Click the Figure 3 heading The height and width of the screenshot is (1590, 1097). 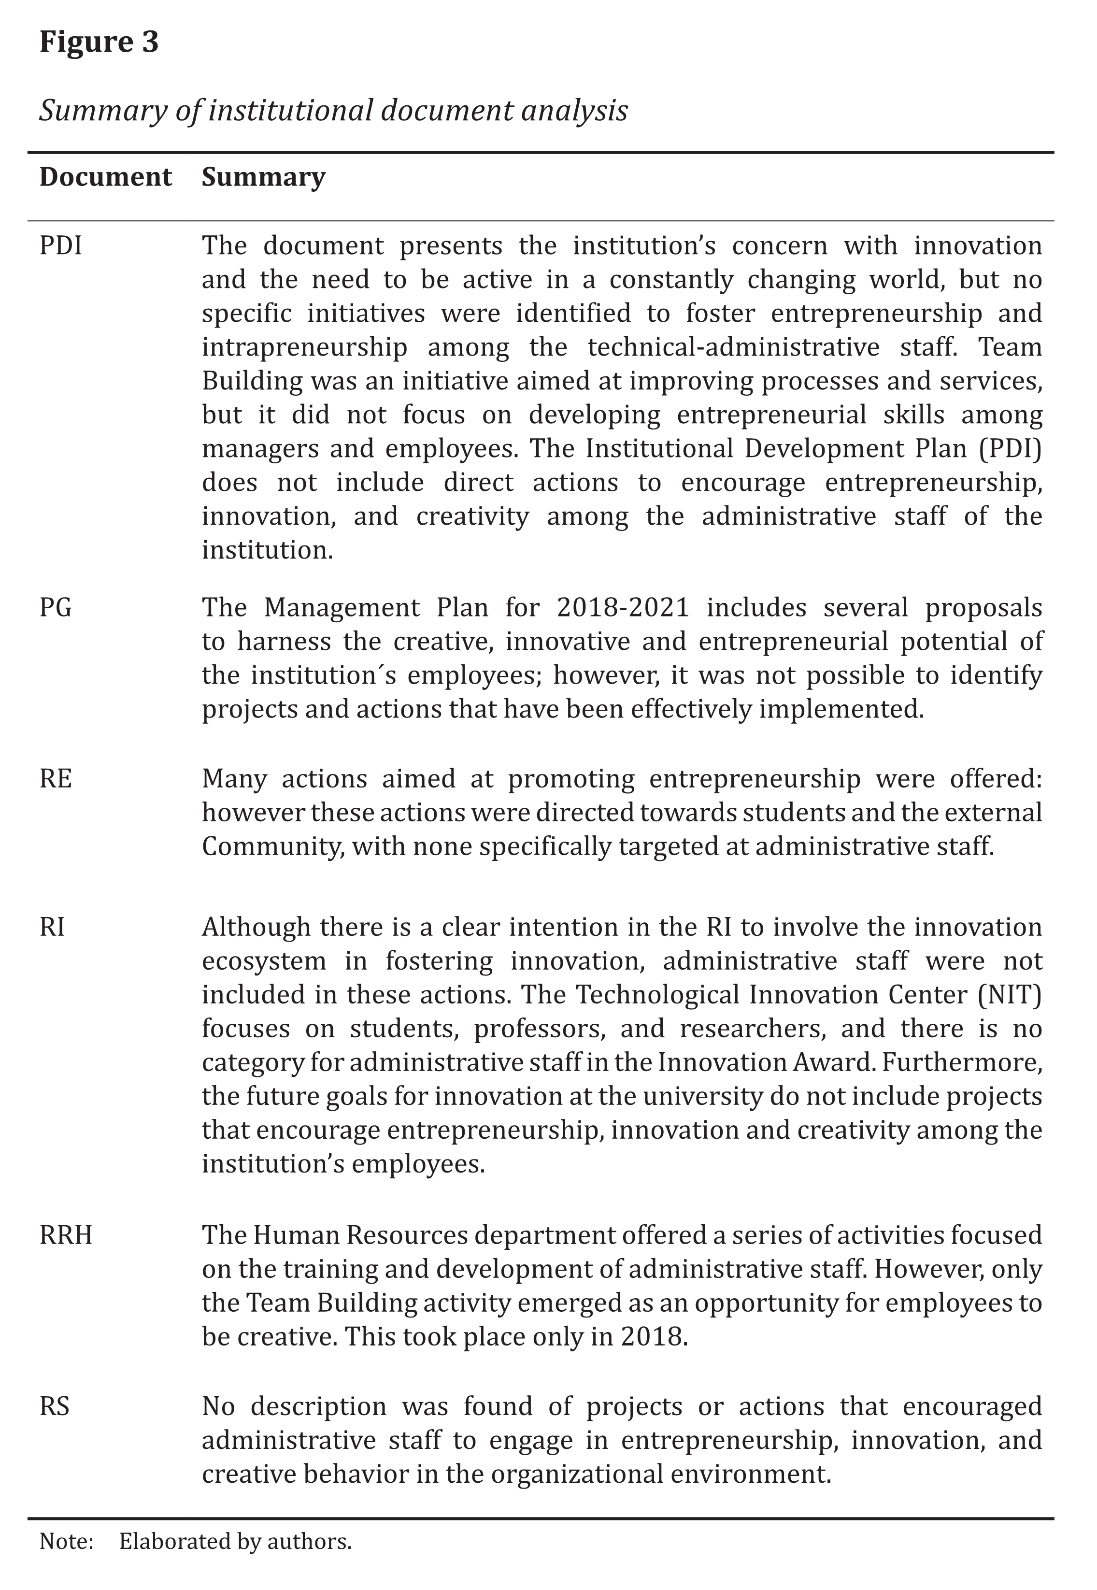tap(99, 42)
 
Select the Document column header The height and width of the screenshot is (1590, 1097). tap(105, 177)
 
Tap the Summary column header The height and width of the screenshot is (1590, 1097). tap(263, 177)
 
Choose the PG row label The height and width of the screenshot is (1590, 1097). tap(56, 608)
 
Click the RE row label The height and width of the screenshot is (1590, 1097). tap(56, 779)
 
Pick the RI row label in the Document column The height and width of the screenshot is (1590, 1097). tap(52, 927)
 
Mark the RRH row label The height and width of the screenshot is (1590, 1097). tap(66, 1235)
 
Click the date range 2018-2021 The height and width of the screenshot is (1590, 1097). tap(623, 608)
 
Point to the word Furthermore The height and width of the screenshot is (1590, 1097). tap(962, 1062)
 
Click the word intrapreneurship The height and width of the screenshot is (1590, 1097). tap(304, 347)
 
